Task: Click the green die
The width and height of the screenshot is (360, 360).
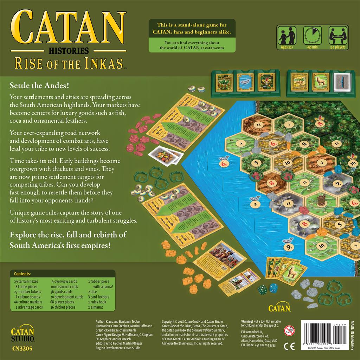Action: coord(263,290)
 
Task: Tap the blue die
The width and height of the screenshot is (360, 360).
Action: coord(273,288)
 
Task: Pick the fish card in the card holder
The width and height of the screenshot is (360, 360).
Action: coord(245,82)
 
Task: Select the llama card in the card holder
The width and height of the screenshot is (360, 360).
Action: coord(320,83)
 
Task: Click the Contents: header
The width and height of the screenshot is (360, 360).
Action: coord(22,274)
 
